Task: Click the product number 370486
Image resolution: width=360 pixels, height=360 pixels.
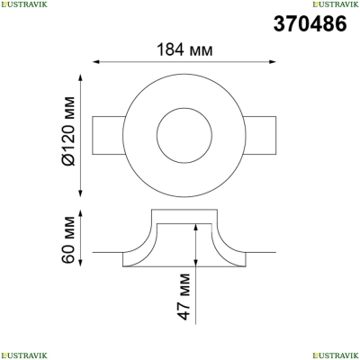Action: pyautogui.click(x=310, y=23)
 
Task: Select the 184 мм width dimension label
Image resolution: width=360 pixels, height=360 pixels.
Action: pyautogui.click(x=184, y=49)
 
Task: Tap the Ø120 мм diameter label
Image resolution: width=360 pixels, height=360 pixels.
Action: pyautogui.click(x=67, y=131)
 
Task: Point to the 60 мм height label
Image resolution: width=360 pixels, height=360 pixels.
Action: pyautogui.click(x=67, y=239)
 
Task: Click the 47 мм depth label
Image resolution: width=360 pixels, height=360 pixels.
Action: pyautogui.click(x=184, y=296)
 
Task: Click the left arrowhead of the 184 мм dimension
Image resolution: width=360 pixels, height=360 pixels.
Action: pyautogui.click(x=96, y=62)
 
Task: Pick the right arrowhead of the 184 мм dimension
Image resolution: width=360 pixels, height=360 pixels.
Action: pyautogui.click(x=273, y=62)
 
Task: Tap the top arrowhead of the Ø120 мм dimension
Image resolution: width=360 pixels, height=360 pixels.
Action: pyautogui.click(x=80, y=77)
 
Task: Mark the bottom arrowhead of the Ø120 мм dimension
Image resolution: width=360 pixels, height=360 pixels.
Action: pyautogui.click(x=80, y=193)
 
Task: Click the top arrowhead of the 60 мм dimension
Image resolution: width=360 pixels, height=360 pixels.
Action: pyautogui.click(x=80, y=213)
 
